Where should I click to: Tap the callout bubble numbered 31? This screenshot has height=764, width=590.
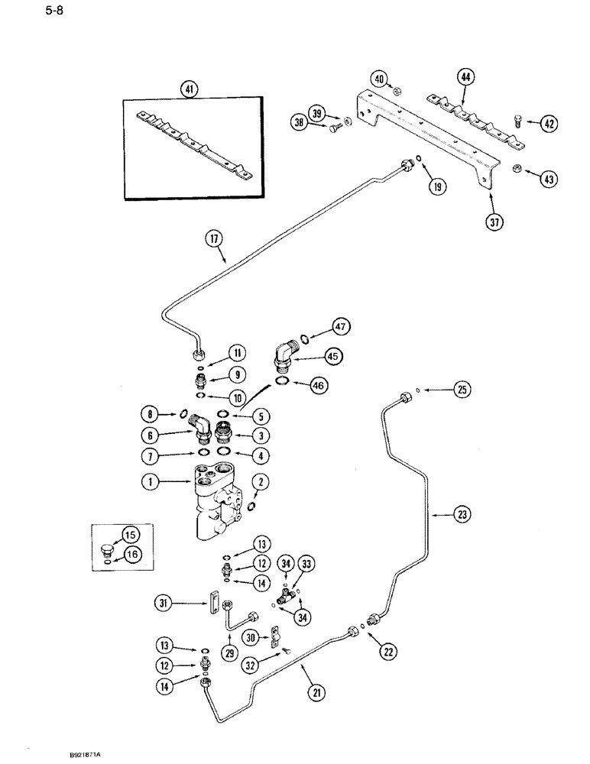pos(164,604)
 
